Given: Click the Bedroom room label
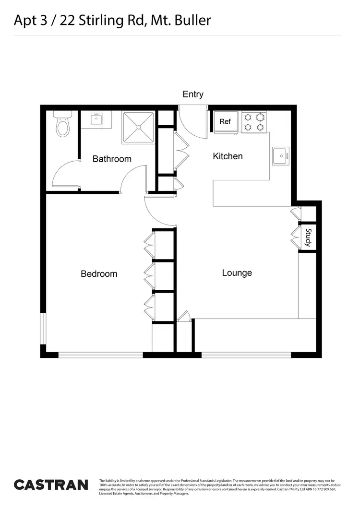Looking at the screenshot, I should pos(99,274).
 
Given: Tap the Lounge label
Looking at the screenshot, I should pos(237,273).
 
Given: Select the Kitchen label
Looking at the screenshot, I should pos(228,156).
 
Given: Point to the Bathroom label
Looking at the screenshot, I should pos(112,159).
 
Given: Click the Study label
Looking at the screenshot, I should pos(308,238).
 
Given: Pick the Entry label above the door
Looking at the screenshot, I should pos(193,95).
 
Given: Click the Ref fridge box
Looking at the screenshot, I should pos(225,121).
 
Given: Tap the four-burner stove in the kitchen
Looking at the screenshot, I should pos(253,122).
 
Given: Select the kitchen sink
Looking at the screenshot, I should pos(280,155).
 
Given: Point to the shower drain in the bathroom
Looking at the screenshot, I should pos(139,128).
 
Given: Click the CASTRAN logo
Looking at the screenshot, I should pos(51,485).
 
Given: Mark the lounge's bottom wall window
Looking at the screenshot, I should pos(246,355).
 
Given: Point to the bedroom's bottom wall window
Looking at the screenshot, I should pos(101,355).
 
